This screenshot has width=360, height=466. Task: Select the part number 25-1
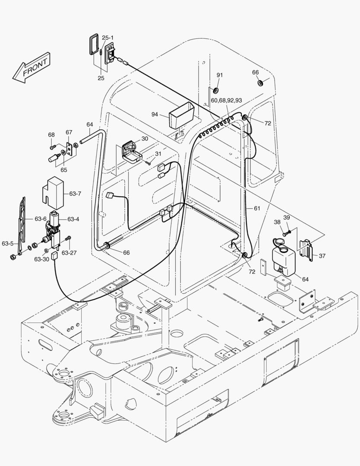click(x=108, y=38)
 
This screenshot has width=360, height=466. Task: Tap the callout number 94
click(x=155, y=114)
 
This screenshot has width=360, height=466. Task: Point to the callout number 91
click(x=220, y=75)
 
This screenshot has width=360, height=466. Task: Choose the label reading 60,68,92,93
click(x=226, y=100)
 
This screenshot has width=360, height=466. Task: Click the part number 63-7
click(x=75, y=194)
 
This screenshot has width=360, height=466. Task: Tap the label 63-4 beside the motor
click(x=73, y=219)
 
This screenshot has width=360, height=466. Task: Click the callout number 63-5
click(x=7, y=243)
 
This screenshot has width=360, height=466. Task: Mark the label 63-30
click(x=42, y=259)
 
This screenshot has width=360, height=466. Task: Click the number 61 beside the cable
click(x=257, y=208)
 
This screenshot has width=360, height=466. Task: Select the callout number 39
click(x=287, y=217)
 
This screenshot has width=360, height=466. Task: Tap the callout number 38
click(x=277, y=223)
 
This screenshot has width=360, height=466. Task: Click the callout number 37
click(x=322, y=256)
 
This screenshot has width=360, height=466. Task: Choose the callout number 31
click(x=158, y=154)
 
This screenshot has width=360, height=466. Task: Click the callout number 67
click(x=69, y=132)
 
